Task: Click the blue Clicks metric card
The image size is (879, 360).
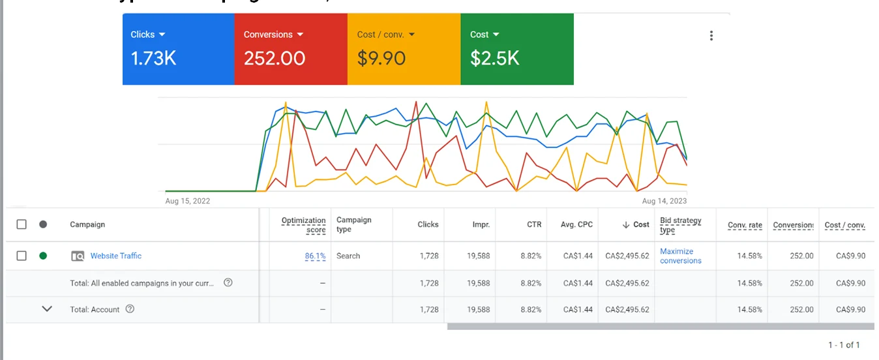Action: click(x=178, y=49)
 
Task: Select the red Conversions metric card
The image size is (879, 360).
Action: click(x=291, y=49)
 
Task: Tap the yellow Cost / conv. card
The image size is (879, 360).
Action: click(x=404, y=49)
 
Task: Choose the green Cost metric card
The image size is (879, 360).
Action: click(x=517, y=49)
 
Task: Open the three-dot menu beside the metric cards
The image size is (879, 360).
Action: click(x=711, y=36)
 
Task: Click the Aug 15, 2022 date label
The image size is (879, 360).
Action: click(x=188, y=202)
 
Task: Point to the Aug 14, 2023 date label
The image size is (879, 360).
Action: click(x=664, y=202)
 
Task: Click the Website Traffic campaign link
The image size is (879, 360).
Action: click(x=116, y=256)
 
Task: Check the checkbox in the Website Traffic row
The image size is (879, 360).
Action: click(x=22, y=256)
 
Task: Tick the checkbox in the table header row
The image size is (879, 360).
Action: click(x=22, y=224)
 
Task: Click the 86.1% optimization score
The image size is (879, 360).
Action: click(x=315, y=256)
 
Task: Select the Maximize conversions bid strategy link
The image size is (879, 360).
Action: click(x=681, y=256)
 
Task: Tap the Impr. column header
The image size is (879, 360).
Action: click(x=481, y=224)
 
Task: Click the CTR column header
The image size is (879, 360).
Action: click(x=534, y=224)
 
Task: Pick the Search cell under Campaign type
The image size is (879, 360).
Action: click(x=348, y=256)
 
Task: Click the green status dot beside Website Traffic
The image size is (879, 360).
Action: click(x=43, y=256)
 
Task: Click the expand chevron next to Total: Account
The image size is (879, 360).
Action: click(x=47, y=309)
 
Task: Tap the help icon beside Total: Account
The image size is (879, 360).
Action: click(x=130, y=309)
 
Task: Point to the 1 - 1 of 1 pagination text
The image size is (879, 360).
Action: click(x=844, y=344)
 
